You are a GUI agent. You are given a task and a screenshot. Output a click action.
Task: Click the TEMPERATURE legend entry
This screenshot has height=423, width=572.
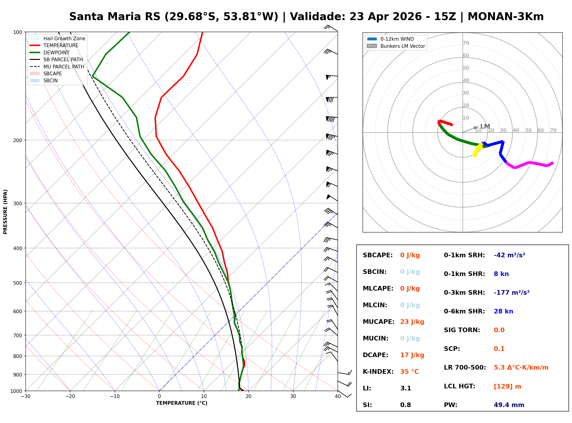point(61,45)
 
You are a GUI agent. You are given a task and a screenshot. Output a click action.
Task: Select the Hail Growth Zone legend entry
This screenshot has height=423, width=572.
point(64,38)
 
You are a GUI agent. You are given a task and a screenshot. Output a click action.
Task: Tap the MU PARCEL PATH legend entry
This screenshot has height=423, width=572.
point(64,67)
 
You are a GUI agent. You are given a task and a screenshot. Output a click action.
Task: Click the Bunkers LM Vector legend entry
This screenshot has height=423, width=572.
point(402,46)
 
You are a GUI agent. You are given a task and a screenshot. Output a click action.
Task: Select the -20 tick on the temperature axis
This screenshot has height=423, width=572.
point(70,397)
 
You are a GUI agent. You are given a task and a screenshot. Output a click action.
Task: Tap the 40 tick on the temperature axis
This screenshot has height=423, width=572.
point(338,397)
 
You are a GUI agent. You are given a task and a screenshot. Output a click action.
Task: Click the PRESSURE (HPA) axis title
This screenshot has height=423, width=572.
point(5,212)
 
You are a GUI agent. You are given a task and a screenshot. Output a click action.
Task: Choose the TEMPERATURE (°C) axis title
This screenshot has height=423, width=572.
point(181,403)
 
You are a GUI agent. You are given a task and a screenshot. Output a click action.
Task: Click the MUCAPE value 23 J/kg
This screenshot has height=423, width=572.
point(412,322)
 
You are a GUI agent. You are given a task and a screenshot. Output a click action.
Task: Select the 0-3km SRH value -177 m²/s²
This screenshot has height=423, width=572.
point(511,293)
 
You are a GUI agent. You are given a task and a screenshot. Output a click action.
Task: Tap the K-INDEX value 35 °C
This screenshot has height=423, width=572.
point(409,372)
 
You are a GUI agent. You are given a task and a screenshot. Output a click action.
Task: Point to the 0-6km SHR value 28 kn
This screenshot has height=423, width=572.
point(503,311)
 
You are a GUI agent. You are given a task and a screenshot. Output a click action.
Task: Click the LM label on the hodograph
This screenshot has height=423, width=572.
point(485,126)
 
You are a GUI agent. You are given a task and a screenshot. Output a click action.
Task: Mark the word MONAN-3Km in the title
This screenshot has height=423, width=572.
point(505,17)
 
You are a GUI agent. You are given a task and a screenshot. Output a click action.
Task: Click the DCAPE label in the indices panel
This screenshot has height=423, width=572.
point(375,355)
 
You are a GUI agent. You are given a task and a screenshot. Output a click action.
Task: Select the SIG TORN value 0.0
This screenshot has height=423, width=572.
point(499,330)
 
